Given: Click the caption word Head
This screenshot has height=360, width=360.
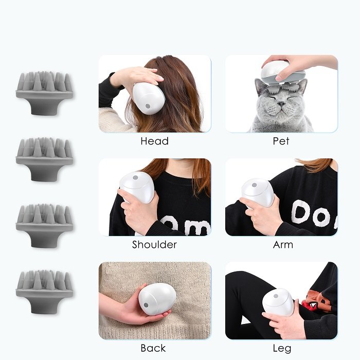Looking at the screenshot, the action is tap(154, 141).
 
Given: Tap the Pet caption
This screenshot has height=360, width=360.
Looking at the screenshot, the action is tap(281, 141).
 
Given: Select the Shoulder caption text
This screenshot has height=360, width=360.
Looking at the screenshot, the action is tap(154, 244).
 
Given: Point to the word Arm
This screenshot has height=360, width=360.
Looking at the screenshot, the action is tap(283, 245).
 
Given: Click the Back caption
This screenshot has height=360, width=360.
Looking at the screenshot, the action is tap(153, 348).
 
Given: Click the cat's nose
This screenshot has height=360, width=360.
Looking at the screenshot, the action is tap(281, 104).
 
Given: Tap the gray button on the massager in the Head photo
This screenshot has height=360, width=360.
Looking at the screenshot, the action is tap(148, 106).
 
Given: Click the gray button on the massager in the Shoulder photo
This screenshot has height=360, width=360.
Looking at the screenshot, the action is tap(135, 178).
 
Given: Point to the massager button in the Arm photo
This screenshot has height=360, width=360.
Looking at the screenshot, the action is tap(254, 185).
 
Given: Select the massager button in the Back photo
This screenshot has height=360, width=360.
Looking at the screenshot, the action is tap(146, 305).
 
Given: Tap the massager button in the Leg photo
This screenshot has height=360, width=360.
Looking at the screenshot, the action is tap(276, 296).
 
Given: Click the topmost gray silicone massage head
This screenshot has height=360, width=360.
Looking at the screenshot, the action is tap(45, 94).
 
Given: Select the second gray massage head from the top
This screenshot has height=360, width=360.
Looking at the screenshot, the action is tap(45, 159).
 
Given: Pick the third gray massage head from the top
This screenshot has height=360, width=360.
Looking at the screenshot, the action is tap(45, 226).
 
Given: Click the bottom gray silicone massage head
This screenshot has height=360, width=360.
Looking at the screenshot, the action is tap(45, 292).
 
